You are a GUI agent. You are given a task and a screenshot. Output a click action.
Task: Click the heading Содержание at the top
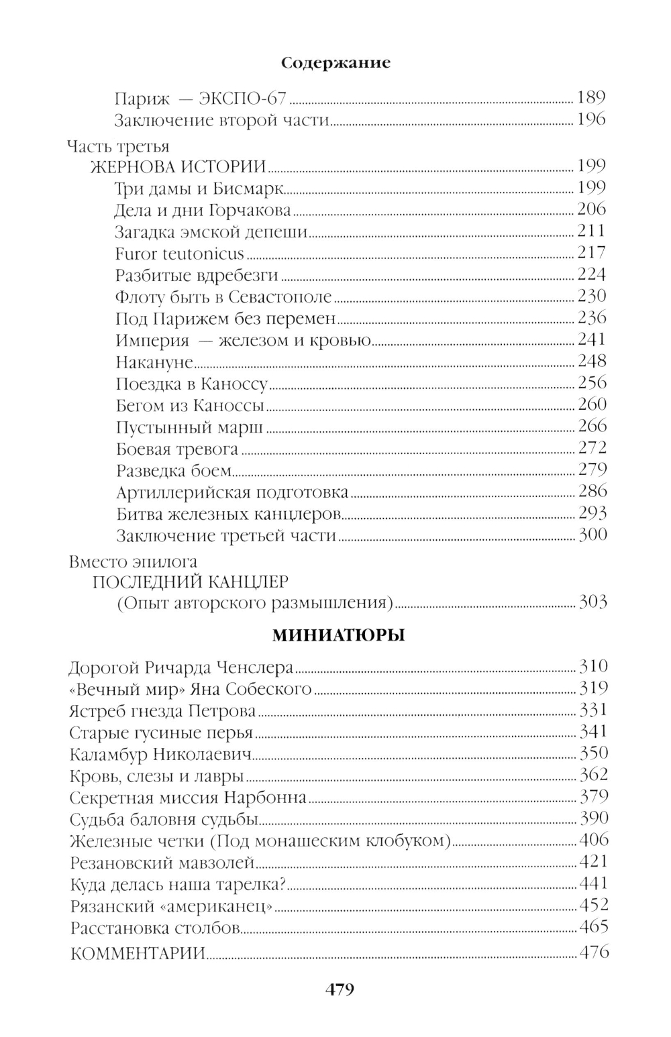tap(335, 63)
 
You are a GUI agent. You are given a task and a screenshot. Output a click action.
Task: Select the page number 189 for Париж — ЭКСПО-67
tap(590, 98)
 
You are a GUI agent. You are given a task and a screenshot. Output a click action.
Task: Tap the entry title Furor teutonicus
tap(180, 254)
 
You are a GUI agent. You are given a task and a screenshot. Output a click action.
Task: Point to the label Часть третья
tap(118, 146)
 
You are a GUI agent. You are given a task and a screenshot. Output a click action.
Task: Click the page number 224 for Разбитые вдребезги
tap(592, 274)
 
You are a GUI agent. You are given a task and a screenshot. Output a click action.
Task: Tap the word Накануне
tap(154, 362)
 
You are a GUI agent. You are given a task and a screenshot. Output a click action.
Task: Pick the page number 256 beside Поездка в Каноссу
tap(592, 383)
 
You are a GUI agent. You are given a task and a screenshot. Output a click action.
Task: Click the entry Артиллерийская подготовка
tap(232, 493)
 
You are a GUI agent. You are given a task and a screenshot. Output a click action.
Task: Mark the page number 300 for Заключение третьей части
tap(592, 535)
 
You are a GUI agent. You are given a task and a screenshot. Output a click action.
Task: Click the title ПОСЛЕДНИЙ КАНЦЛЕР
tap(191, 581)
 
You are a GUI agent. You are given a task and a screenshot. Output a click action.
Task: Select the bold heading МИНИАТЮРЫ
tap(338, 635)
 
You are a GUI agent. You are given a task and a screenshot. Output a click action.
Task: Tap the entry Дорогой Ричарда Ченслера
tap(181, 668)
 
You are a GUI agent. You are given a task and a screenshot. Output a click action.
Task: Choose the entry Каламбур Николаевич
tap(160, 755)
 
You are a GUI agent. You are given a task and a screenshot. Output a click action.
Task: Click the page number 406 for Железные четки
tap(593, 840)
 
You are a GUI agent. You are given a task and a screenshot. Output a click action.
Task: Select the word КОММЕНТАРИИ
tap(138, 953)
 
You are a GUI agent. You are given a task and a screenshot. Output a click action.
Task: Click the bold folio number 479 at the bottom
tap(339, 989)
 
